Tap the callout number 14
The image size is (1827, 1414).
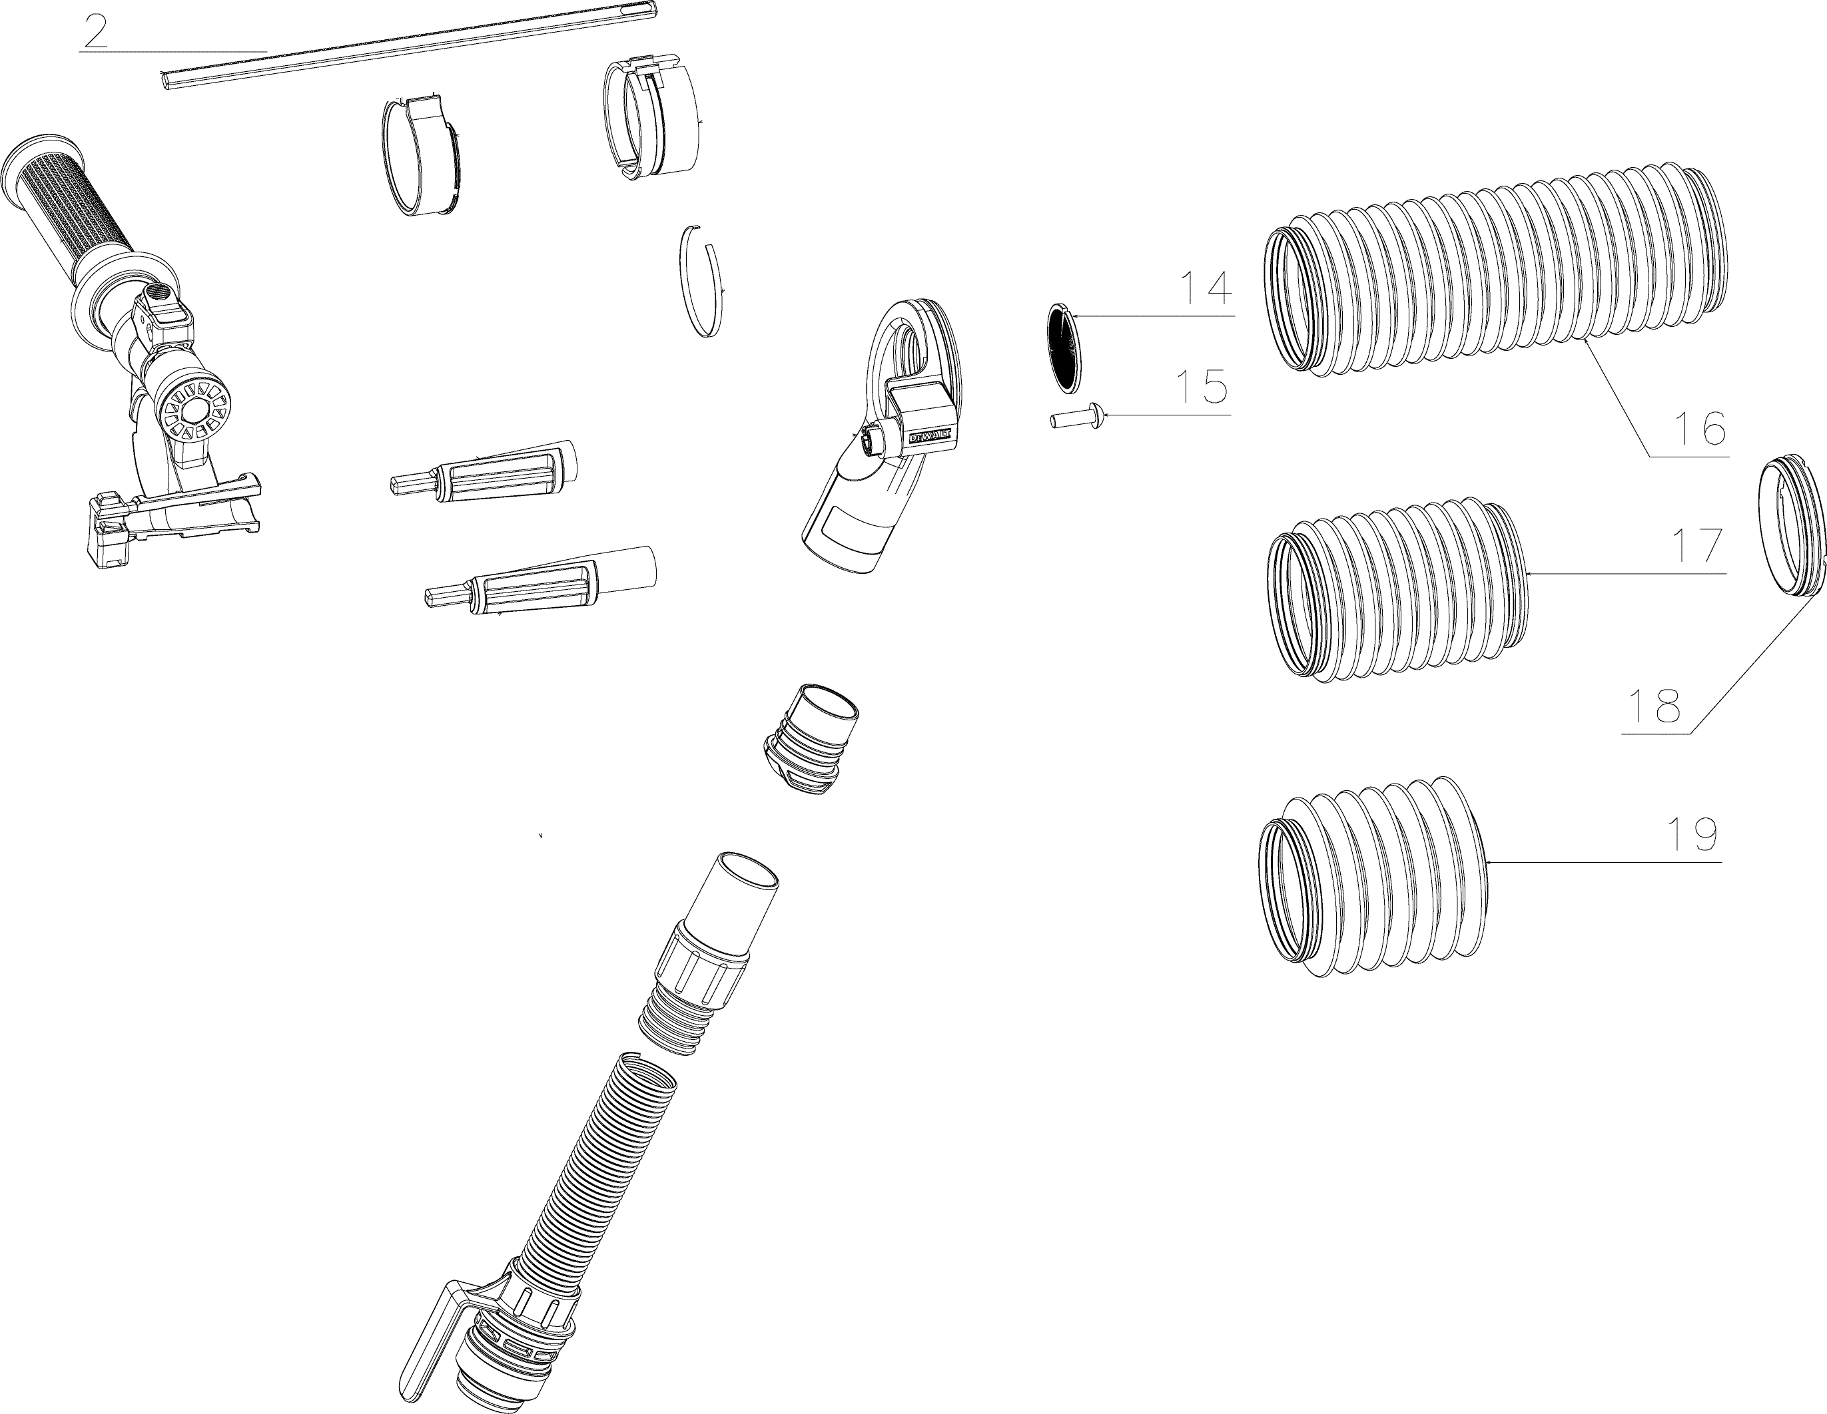(x=1206, y=288)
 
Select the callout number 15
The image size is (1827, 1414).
(x=1202, y=387)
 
